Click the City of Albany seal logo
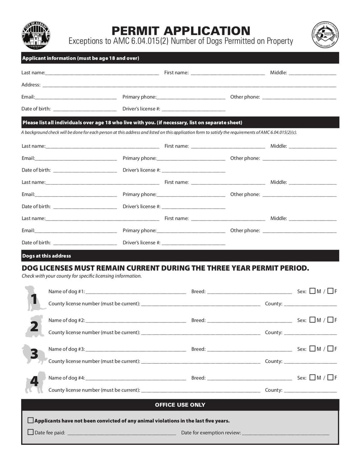click(36, 35)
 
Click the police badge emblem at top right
click(325, 35)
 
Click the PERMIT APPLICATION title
click(180, 31)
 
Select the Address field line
click(189, 84)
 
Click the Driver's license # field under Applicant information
click(193, 109)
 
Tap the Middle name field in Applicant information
click(312, 72)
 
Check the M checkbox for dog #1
click(312, 291)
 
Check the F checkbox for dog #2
click(330, 320)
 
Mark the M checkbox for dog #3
click(312, 349)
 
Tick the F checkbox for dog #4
click(330, 378)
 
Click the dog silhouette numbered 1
click(34, 298)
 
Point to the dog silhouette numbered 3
click(34, 355)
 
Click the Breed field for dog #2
click(249, 320)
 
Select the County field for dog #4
click(310, 390)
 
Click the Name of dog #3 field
click(135, 349)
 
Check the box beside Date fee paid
click(31, 432)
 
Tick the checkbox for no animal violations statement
click(31, 421)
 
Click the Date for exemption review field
click(285, 433)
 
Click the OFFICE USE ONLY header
click(180, 405)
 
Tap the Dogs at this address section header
click(46, 256)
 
